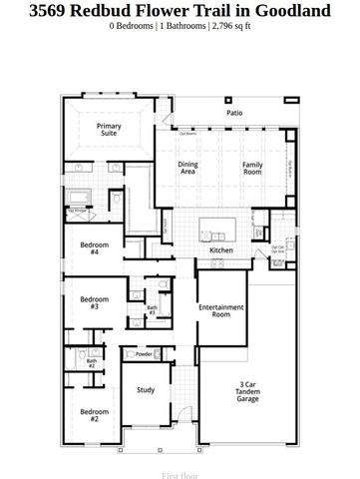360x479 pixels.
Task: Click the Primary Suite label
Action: point(109,131)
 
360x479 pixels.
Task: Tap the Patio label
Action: point(234,114)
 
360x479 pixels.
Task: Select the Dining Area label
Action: point(187,168)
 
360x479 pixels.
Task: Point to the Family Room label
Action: point(253,168)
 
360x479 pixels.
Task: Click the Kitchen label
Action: point(221,249)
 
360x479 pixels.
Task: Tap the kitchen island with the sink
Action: point(223,226)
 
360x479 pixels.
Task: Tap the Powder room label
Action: point(144,354)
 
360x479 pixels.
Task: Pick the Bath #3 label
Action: point(152,310)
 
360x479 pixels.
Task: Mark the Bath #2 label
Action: point(91,364)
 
